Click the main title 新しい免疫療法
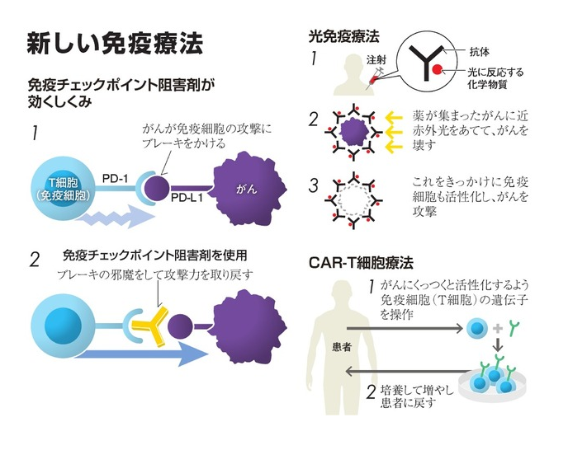tap(115, 44)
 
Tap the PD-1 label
tap(115, 178)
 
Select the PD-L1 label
tap(187, 198)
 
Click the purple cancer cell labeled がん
tap(250, 189)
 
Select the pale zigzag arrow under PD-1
tap(115, 217)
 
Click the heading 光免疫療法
tap(343, 36)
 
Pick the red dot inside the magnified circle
tap(437, 68)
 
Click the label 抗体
tap(479, 52)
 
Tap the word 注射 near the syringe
tap(376, 59)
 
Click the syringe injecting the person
tap(376, 77)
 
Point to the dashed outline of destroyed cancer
tap(354, 199)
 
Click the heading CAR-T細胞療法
tap(361, 263)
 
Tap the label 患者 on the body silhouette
tap(342, 347)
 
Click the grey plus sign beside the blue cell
tap(498, 329)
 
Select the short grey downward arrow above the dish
tap(499, 345)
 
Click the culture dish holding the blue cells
tap(492, 384)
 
